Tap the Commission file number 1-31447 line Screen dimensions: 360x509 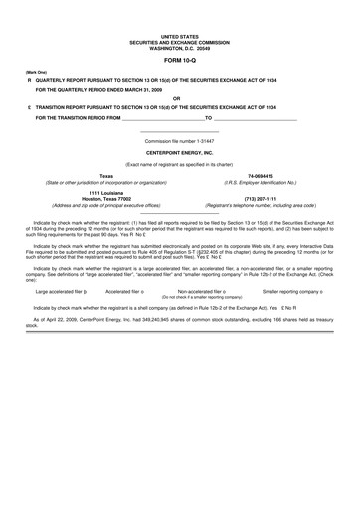tap(179, 141)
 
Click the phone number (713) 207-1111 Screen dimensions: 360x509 tap(260, 197)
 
